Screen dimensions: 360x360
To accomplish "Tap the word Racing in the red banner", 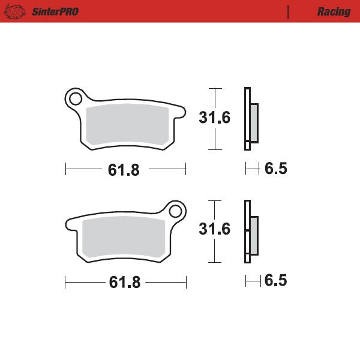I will (334, 11).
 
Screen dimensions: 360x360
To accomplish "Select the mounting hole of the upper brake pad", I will (76, 98).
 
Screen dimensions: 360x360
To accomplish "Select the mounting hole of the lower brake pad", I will (175, 211).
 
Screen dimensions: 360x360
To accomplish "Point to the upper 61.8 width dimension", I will (124, 170).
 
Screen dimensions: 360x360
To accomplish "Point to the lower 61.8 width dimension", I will (124, 283).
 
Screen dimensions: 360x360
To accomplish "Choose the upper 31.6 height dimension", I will (214, 118).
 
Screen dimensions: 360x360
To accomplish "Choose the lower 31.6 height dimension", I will (214, 229).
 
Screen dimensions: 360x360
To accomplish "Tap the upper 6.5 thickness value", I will (275, 169).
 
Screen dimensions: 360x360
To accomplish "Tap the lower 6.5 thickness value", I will (275, 280).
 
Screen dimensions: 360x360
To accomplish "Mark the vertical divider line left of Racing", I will (289, 11).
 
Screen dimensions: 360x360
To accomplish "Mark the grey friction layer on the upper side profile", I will (254, 122).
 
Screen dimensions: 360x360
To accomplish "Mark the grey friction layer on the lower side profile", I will (254, 235).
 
